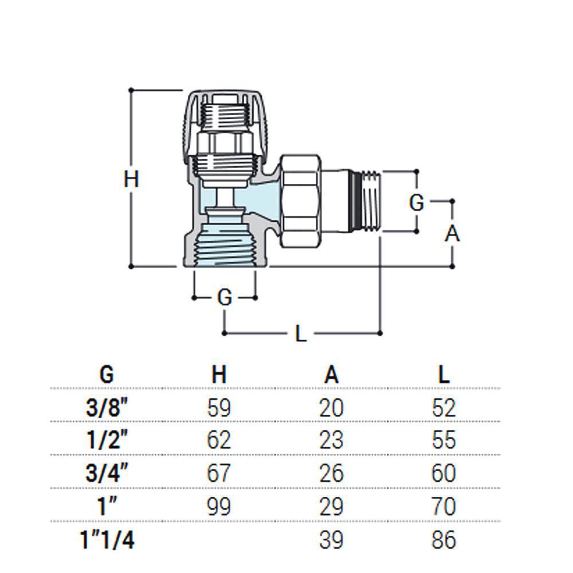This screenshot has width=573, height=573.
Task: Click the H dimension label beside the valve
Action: [132, 179]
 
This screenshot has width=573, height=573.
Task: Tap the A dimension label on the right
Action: [453, 234]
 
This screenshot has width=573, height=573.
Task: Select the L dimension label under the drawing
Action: [301, 333]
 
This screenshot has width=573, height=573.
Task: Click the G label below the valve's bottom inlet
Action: [225, 298]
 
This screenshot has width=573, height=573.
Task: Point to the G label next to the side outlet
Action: [417, 202]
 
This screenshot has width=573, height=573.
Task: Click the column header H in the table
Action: [219, 375]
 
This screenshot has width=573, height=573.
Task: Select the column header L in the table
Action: [444, 375]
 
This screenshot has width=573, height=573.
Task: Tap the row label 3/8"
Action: [107, 409]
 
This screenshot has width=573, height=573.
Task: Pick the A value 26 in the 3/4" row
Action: [331, 474]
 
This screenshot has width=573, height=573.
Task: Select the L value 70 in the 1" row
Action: [444, 507]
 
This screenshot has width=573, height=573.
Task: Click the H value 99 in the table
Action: [219, 507]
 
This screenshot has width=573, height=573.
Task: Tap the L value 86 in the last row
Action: [444, 540]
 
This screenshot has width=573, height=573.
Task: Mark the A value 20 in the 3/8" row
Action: [331, 409]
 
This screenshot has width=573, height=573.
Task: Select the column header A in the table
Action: [331, 375]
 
